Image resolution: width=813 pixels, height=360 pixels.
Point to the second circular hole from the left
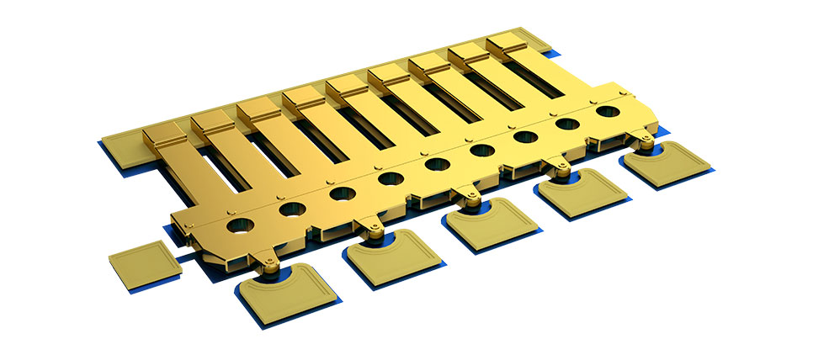point(292,209)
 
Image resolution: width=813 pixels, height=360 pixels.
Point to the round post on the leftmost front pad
point(270,267)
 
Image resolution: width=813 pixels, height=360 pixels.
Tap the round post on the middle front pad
point(471,199)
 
